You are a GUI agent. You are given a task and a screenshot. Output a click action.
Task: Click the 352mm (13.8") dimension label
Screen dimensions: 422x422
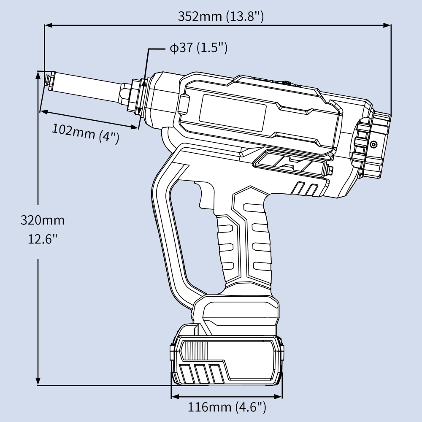(221, 16)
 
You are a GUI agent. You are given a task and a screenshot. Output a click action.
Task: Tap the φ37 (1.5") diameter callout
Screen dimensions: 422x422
(198, 48)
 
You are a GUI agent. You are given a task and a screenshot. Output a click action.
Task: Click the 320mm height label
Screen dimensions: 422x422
(43, 220)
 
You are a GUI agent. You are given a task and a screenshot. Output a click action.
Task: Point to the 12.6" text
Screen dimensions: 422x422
(43, 239)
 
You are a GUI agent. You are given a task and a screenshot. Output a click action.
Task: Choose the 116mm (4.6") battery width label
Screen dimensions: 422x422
(227, 407)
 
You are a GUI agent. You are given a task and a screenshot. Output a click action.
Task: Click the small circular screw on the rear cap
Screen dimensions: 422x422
(373, 145)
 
